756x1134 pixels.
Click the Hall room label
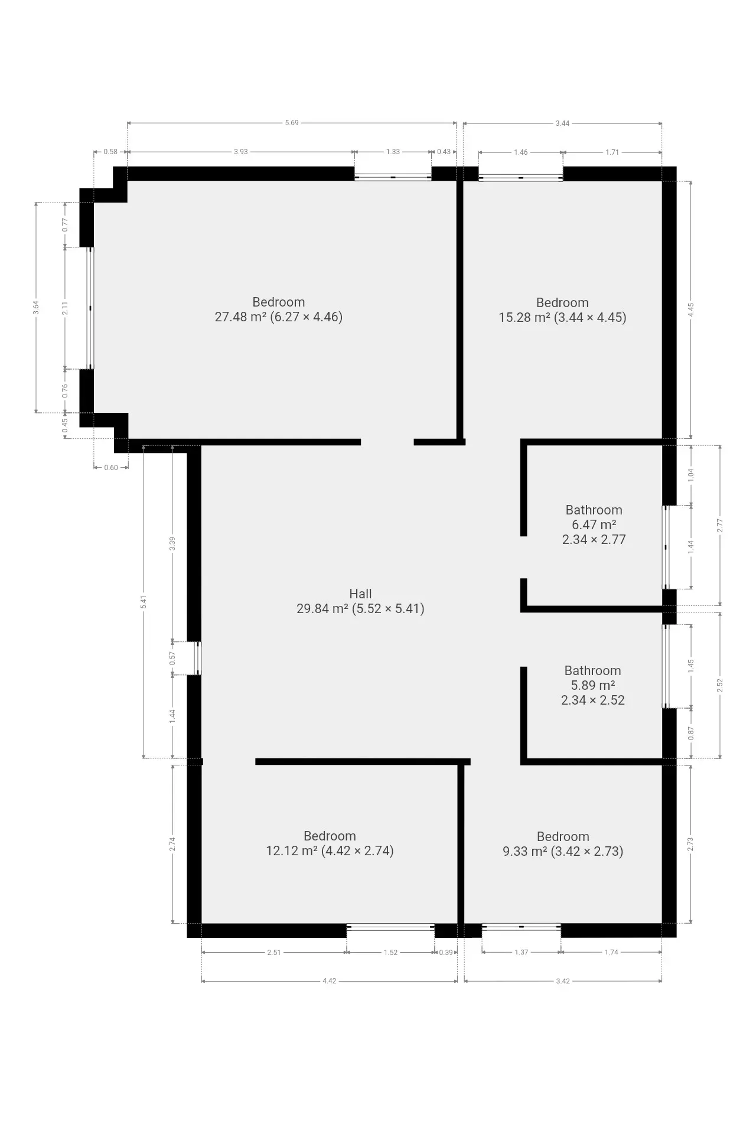pyautogui.click(x=360, y=601)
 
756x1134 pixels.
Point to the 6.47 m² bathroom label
pyautogui.click(x=594, y=524)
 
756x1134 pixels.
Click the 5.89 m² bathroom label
pyautogui.click(x=592, y=685)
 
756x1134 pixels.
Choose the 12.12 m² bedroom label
pyautogui.click(x=330, y=843)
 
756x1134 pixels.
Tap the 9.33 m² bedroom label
pyautogui.click(x=563, y=844)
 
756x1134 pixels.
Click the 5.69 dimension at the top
pyautogui.click(x=292, y=123)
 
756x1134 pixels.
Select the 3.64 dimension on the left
pyautogui.click(x=36, y=308)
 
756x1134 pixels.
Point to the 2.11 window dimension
pyautogui.click(x=66, y=308)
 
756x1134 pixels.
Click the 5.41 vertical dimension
pyautogui.click(x=143, y=602)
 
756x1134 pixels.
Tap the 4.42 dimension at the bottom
pyautogui.click(x=329, y=981)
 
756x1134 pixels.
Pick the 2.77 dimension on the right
pyautogui.click(x=720, y=526)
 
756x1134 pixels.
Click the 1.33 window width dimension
pyautogui.click(x=393, y=152)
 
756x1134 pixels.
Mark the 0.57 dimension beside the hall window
pyautogui.click(x=172, y=658)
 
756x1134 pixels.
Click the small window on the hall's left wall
pyautogui.click(x=198, y=658)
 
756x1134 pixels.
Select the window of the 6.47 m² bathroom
pyautogui.click(x=666, y=547)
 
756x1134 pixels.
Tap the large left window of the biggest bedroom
pyautogui.click(x=90, y=308)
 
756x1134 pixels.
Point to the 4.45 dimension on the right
pyautogui.click(x=691, y=309)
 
